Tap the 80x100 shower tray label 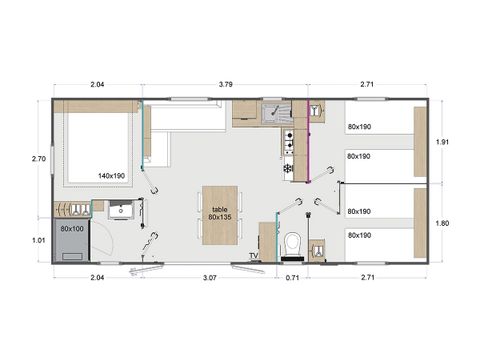click(x=72, y=229)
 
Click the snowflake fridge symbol click(x=288, y=169)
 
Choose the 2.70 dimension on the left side click(x=39, y=158)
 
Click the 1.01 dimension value click(x=39, y=240)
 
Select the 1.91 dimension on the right click(x=443, y=142)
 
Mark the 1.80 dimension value click(x=443, y=223)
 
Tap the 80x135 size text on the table click(x=219, y=216)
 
